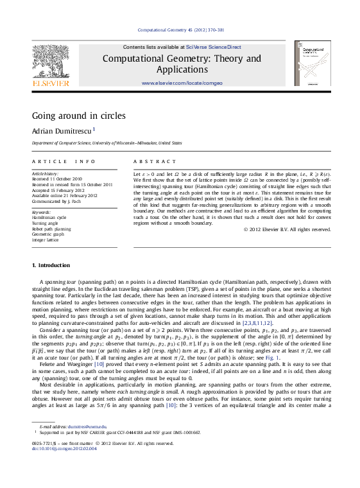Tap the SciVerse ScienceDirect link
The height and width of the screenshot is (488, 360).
(x=214, y=47)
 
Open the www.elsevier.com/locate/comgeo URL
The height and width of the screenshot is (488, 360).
(x=182, y=83)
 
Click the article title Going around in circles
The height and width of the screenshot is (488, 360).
(x=78, y=116)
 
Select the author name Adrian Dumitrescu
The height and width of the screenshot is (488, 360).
(x=62, y=130)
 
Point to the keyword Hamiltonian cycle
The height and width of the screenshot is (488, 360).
(x=49, y=218)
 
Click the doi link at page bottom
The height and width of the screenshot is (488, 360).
(x=64, y=448)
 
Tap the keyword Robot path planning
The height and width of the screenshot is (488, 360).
(x=51, y=228)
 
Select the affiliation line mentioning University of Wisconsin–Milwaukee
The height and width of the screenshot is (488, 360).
(x=107, y=143)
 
